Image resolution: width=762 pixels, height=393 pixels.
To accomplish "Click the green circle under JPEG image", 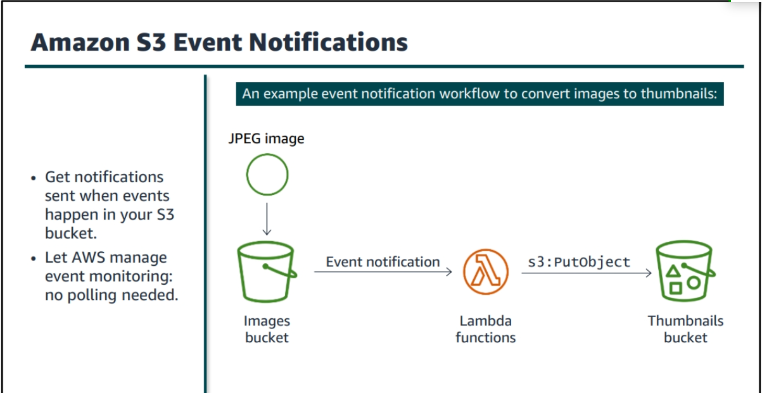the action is [x=267, y=155].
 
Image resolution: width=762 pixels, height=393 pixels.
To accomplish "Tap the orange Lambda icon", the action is [x=486, y=271].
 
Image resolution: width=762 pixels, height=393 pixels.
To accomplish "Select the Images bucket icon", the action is [x=267, y=271].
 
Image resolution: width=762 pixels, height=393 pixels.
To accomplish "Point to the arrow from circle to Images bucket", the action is [x=267, y=219].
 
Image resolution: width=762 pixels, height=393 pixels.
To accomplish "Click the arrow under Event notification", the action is [x=383, y=271].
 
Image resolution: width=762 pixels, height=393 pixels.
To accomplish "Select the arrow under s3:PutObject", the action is [x=587, y=273].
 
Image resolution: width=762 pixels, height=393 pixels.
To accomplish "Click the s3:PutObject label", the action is [x=579, y=262].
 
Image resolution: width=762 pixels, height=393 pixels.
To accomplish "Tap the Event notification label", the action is [x=383, y=262].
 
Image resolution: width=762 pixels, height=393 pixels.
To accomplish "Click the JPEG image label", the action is [x=267, y=139].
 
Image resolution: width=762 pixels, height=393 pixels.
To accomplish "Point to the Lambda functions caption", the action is [x=485, y=329].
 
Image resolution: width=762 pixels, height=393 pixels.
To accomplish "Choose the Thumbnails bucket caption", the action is [x=685, y=329].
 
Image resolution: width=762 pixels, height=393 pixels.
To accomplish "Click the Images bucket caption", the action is [x=267, y=329].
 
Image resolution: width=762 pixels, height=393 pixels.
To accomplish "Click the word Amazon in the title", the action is [x=80, y=42].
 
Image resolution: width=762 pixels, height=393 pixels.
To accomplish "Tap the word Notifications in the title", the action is [x=328, y=42].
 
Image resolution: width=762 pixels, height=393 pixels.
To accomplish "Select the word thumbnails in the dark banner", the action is [x=679, y=94].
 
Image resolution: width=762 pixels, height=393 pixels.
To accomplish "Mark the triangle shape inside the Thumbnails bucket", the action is [x=673, y=271].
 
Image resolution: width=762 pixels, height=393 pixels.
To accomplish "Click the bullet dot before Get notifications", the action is [x=34, y=178].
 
